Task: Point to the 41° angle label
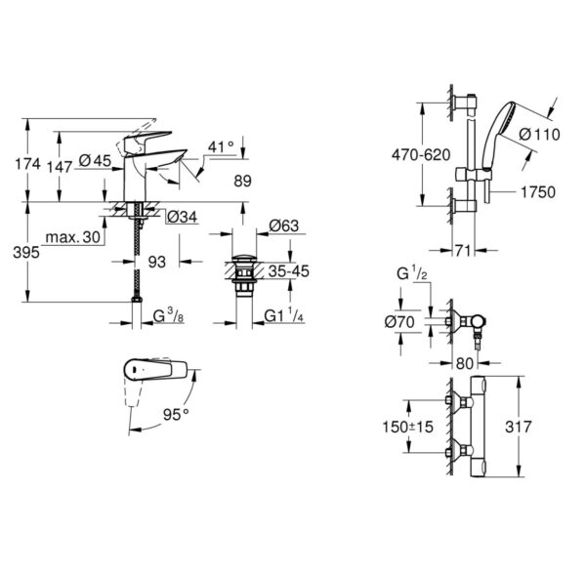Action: pyautogui.click(x=220, y=146)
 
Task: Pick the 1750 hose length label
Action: pyautogui.click(x=536, y=191)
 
